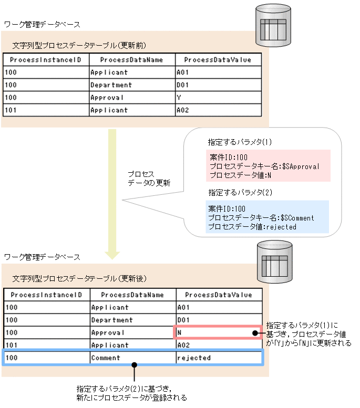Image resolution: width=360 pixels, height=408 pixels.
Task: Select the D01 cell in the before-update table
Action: [x=218, y=85]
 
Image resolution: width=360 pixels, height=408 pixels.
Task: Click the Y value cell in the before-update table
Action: [x=218, y=98]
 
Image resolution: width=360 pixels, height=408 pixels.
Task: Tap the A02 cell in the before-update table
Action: [x=218, y=110]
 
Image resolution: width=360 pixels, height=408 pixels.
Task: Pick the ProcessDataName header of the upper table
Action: [x=131, y=60]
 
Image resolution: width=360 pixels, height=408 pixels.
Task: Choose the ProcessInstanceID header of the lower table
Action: [x=46, y=295]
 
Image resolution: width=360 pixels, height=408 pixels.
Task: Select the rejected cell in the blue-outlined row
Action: [x=218, y=358]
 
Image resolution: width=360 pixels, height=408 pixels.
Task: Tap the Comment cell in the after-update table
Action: [x=132, y=358]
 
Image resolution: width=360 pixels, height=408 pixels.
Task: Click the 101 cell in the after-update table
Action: [x=46, y=345]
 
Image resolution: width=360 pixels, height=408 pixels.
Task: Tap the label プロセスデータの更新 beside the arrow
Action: [x=149, y=178]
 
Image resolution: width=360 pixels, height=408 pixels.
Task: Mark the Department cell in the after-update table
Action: [x=132, y=320]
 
